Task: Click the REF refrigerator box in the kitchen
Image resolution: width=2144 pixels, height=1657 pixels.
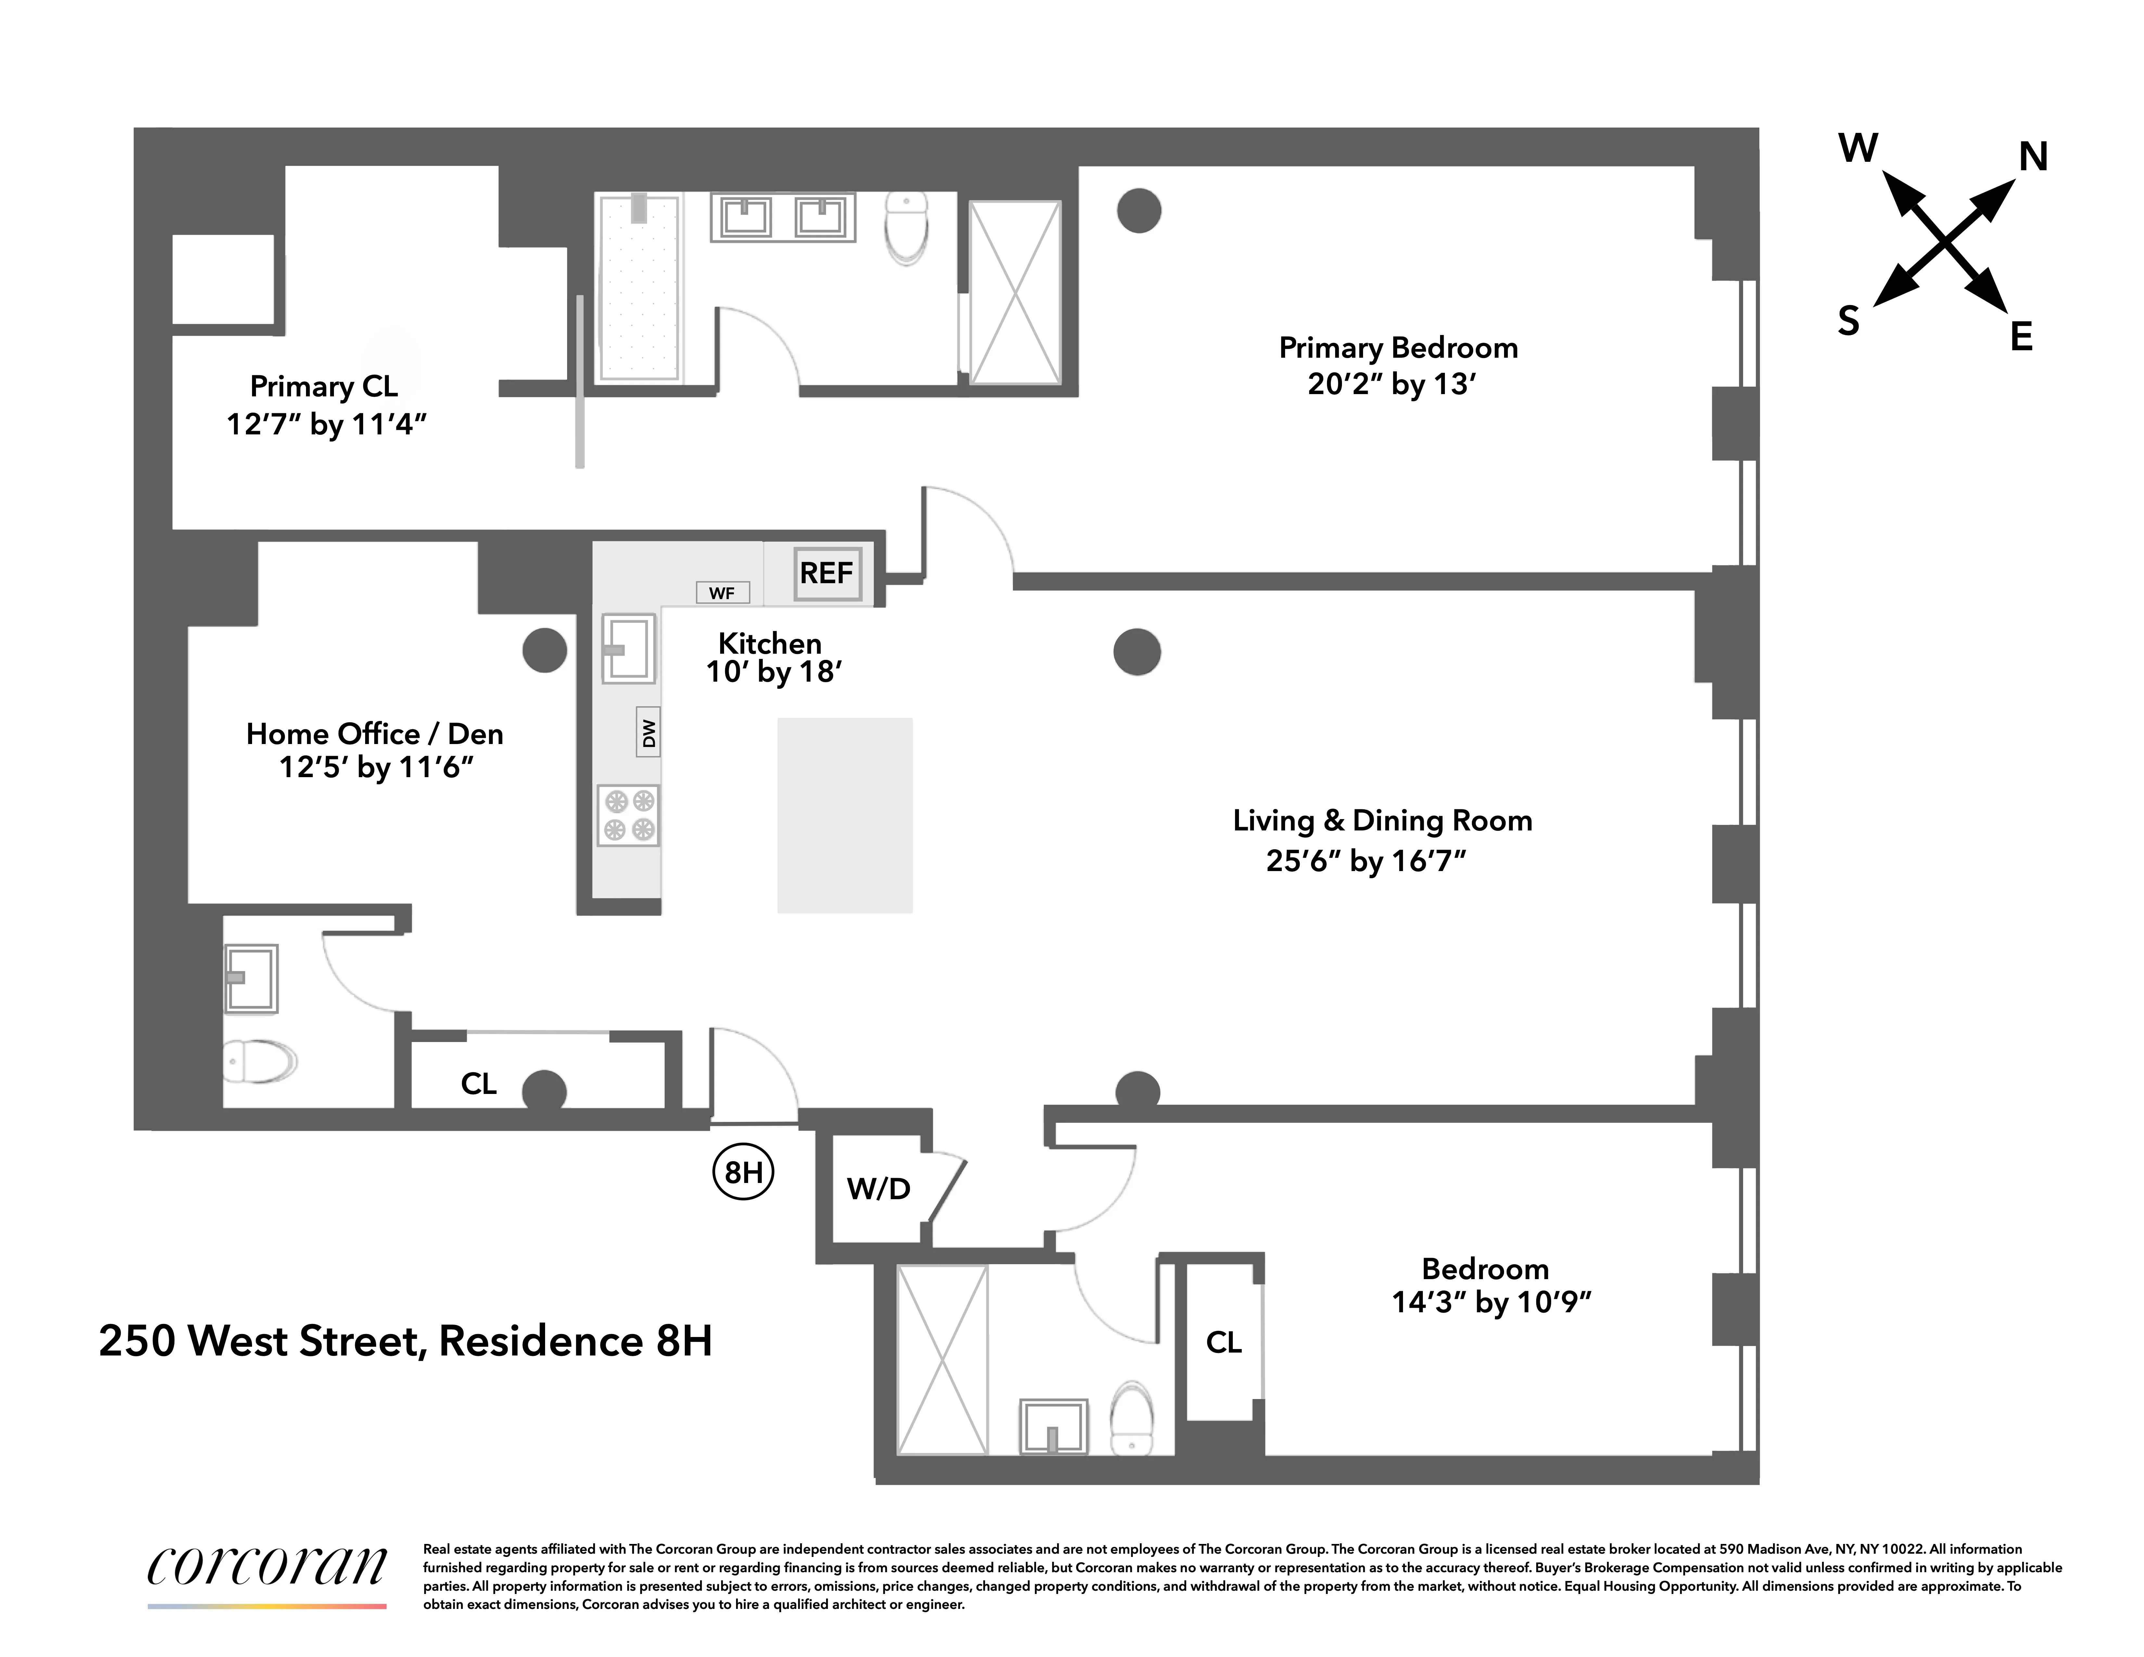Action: click(827, 573)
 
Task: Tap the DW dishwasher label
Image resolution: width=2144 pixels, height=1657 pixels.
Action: click(648, 732)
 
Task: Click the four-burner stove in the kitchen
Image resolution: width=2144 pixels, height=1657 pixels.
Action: click(628, 815)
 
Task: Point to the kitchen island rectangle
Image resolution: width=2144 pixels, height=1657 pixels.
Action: click(844, 815)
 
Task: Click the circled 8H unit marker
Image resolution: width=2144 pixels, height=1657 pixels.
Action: click(743, 1172)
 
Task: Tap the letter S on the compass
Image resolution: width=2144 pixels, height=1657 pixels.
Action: click(1848, 321)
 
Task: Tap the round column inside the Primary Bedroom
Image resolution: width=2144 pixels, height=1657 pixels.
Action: click(1139, 210)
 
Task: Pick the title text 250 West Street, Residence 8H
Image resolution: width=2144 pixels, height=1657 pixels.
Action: click(405, 1341)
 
